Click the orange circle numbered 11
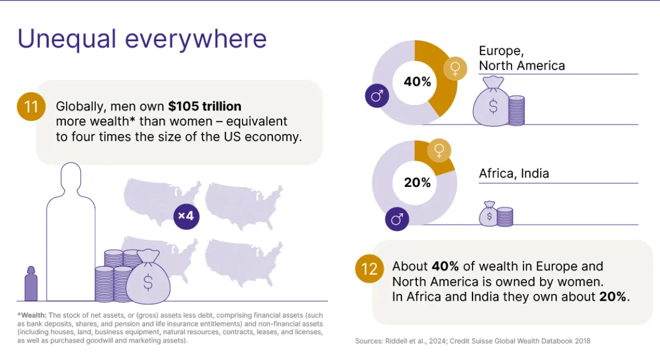click(x=31, y=106)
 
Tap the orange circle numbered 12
click(x=369, y=269)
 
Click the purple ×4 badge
click(x=186, y=215)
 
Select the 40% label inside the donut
click(x=417, y=82)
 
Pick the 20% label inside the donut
click(x=417, y=182)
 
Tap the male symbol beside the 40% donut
click(x=377, y=97)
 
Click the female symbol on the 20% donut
click(x=439, y=151)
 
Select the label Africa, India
click(x=514, y=174)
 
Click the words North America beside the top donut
click(x=521, y=66)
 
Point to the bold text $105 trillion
click(x=205, y=106)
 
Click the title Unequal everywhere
click(x=142, y=39)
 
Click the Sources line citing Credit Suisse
click(x=473, y=341)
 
